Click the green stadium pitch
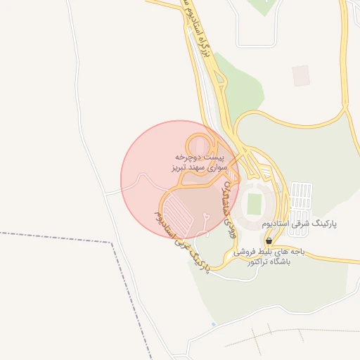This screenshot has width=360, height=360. pyautogui.click(x=254, y=204)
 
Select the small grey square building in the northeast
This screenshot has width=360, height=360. pyautogui.click(x=301, y=75)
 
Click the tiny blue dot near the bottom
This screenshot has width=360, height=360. pyautogui.click(x=214, y=324)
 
